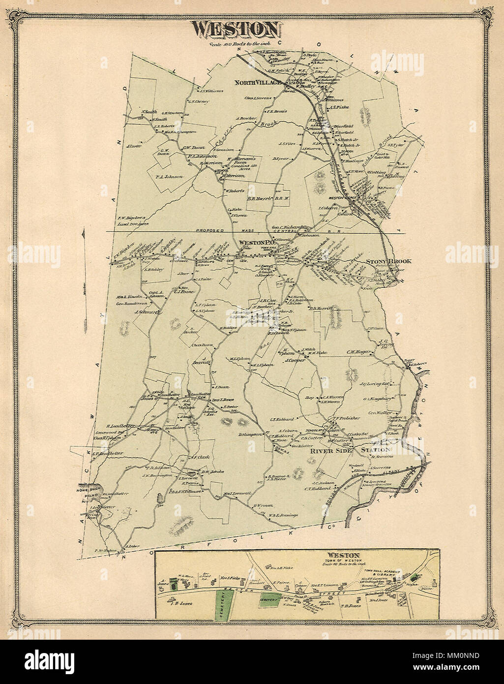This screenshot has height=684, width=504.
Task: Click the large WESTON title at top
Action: click(x=237, y=30)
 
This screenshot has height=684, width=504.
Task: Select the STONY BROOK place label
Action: click(x=388, y=261)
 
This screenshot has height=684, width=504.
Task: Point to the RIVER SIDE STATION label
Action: click(x=350, y=450)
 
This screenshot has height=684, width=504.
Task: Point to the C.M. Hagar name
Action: click(x=357, y=352)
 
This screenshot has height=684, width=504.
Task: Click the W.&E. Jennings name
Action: click(x=283, y=515)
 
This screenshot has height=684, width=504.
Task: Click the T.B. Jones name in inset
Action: click(x=351, y=606)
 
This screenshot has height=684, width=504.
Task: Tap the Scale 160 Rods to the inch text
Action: click(x=236, y=44)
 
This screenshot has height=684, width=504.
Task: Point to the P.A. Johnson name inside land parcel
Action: click(x=169, y=176)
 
